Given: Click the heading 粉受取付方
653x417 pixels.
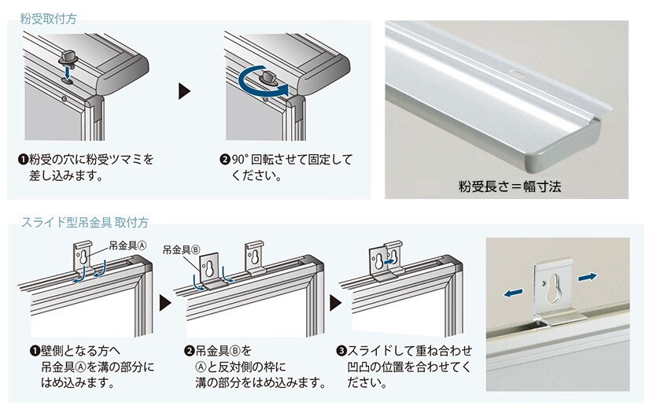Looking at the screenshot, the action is (48, 19).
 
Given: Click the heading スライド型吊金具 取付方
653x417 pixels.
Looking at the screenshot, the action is (85, 222).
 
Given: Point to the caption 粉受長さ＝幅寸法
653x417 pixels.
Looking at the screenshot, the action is (509, 186).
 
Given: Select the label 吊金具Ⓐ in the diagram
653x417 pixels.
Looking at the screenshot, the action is (127, 245).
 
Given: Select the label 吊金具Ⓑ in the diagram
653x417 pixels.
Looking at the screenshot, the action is (181, 249).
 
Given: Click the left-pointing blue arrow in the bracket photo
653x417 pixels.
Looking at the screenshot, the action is (513, 293).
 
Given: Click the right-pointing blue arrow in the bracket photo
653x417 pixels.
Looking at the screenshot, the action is (587, 277).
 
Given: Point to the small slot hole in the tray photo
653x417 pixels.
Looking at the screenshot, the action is (516, 73).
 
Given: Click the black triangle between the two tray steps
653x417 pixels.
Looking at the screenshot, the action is (184, 90).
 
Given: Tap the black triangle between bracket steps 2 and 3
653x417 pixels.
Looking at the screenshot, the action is (335, 303).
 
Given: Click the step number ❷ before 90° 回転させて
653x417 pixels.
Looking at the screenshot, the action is (224, 160).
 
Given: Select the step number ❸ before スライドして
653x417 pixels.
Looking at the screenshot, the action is (341, 351).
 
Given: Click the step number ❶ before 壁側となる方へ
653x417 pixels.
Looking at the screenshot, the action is (35, 351).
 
